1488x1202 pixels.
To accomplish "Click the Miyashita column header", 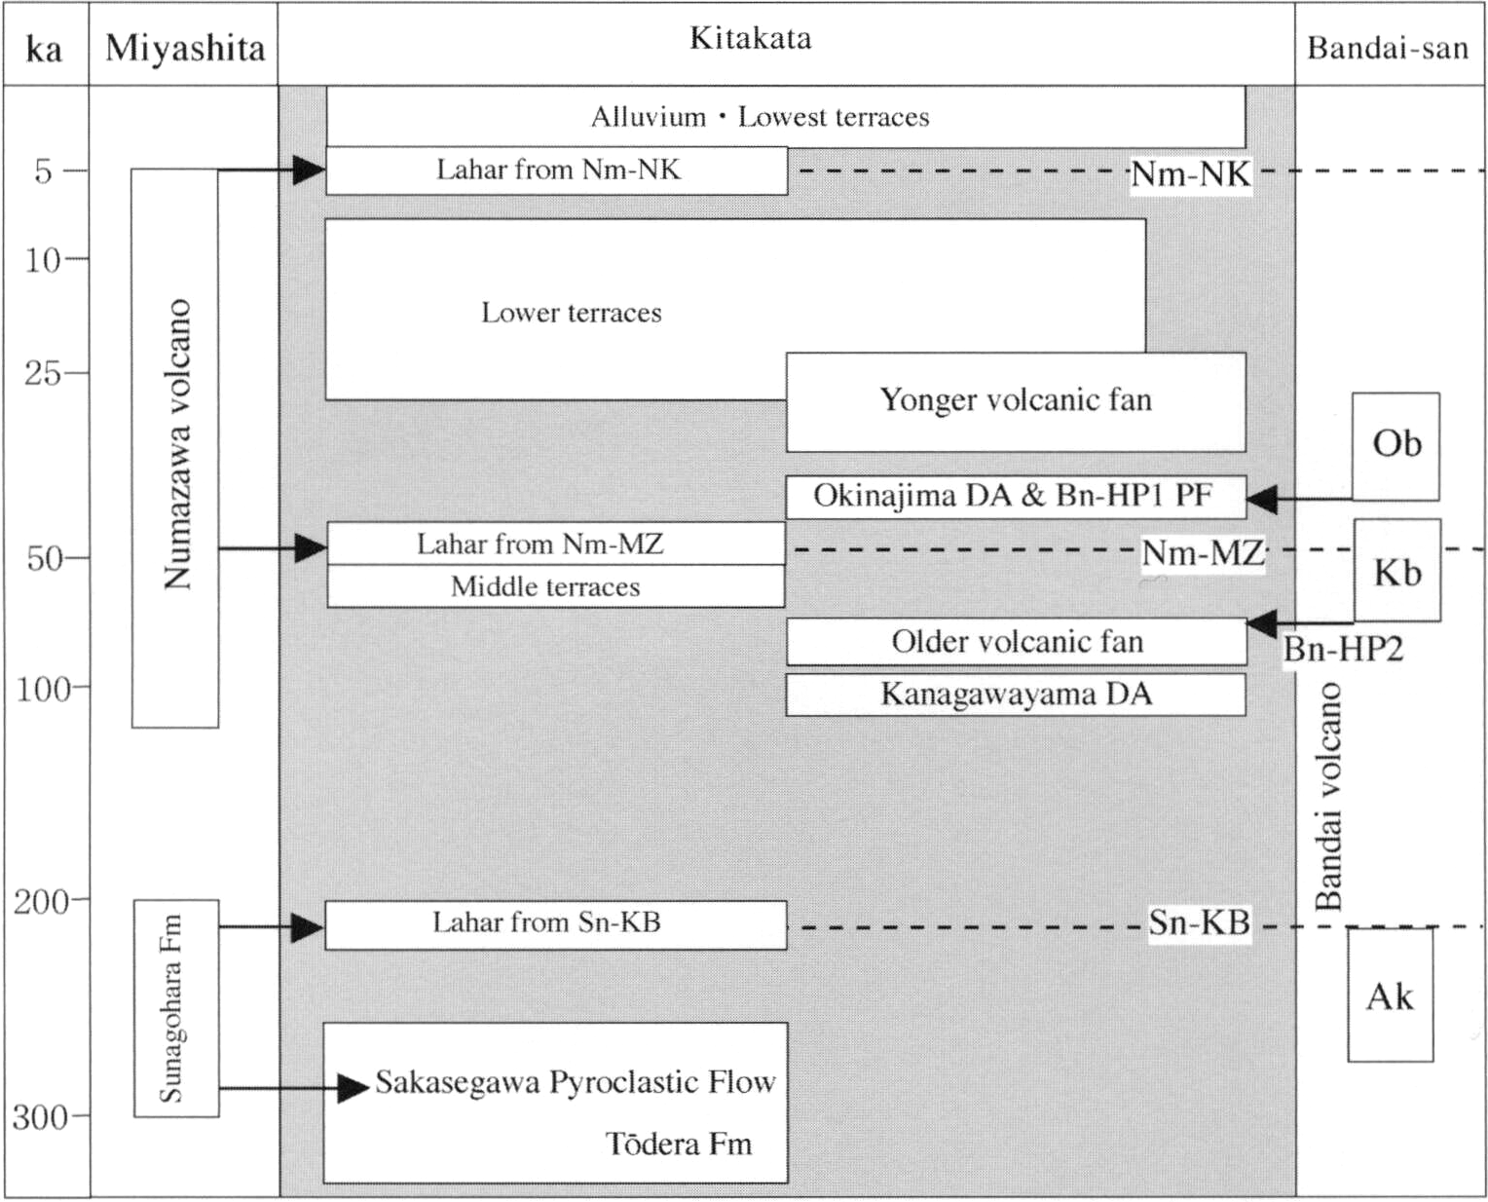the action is coord(185,49).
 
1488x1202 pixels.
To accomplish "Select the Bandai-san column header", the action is coord(1388,49).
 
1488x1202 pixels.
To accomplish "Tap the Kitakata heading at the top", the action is coord(751,38).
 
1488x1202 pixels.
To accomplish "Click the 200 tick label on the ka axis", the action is coord(42,902).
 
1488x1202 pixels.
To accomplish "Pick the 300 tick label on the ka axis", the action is coord(41,1117).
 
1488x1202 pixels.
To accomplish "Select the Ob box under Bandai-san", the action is coord(1395,446).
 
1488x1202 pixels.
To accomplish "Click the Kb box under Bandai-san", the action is coord(1397,570).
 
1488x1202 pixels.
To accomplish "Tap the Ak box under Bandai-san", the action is coord(1391,995).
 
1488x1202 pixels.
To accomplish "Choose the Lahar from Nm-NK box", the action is coord(557,170).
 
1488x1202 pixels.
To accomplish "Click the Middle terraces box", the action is coord(556,586).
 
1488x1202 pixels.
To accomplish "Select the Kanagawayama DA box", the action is coord(1016,695).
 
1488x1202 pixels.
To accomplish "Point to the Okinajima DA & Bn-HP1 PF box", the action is coord(1016,497).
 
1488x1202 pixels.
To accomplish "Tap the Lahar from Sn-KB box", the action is coord(556,925).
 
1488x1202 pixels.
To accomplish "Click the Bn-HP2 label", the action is coord(1344,650).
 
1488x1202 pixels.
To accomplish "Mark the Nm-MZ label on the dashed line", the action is coord(1203,552).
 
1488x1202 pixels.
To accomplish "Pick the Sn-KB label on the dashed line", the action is coord(1200,923).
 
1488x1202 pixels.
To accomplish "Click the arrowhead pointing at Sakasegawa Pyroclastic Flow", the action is coord(353,1088).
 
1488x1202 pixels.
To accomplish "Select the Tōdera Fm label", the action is coord(679,1144).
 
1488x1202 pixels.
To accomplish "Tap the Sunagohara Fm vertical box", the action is coord(176,1008).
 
